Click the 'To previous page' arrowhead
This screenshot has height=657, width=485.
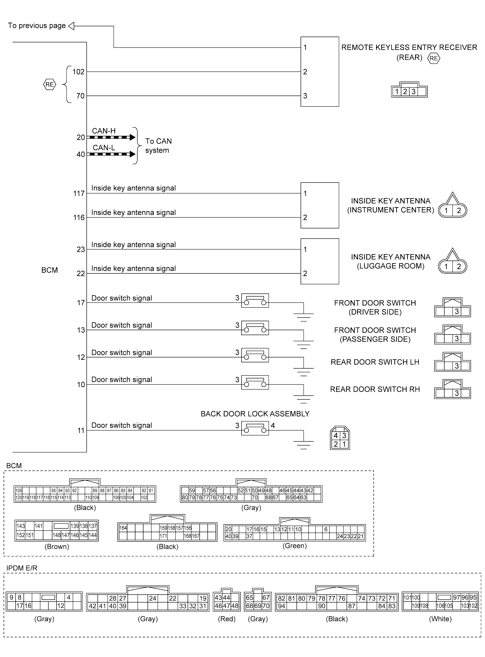click(x=71, y=26)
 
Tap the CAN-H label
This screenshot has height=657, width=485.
click(x=104, y=131)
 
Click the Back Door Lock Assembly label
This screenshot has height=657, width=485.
click(x=255, y=414)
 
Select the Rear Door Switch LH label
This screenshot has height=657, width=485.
click(x=375, y=362)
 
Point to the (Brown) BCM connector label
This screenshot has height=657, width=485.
click(x=57, y=547)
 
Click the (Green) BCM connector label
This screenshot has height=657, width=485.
click(x=294, y=546)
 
